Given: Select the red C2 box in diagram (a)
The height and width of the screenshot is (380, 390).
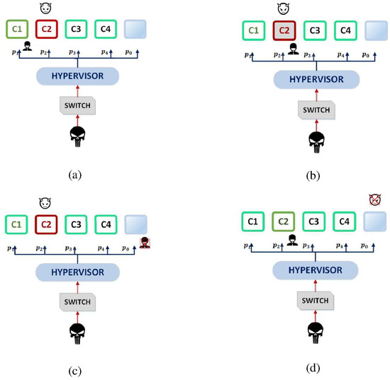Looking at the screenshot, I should click(x=45, y=29).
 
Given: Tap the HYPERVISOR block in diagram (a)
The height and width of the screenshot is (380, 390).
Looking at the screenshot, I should click(x=77, y=75).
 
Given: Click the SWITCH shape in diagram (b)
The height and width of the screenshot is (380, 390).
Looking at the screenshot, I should click(x=315, y=110).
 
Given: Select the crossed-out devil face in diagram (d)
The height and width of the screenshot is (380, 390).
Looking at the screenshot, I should click(x=375, y=201).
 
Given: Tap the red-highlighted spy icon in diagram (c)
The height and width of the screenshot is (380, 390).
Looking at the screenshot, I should click(x=145, y=243).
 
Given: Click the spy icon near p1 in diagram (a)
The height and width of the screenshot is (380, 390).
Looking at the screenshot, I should click(x=27, y=47).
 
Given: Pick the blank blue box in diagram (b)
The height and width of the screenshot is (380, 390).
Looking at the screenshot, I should click(x=377, y=31).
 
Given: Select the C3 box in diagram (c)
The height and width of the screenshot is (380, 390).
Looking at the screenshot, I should click(x=76, y=225).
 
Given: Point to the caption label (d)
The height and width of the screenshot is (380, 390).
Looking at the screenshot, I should click(x=314, y=367).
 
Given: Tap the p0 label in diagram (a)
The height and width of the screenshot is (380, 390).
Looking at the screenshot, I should click(x=128, y=52).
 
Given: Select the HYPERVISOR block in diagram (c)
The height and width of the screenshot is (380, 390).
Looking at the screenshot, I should click(x=77, y=272).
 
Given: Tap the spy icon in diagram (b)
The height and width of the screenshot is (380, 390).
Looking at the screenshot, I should click(x=292, y=49).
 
